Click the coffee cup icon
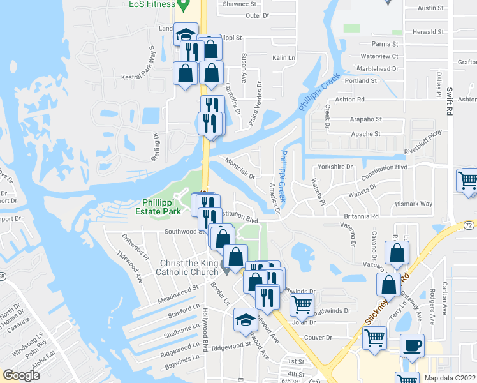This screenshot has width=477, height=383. pos(412,345)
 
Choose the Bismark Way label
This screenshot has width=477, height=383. pos(414,204)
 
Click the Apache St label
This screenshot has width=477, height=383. pos(365,134)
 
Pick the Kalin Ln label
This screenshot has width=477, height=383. pos(284,57)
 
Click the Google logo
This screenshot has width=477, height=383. pos(21,375)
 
